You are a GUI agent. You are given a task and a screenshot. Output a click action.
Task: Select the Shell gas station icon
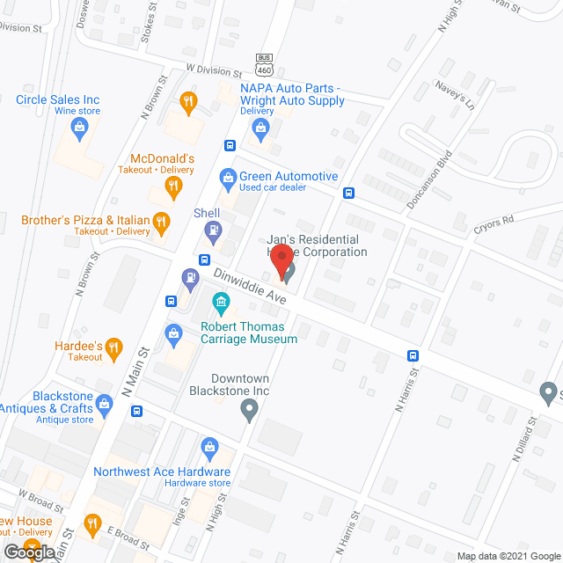pyautogui.click(x=212, y=232)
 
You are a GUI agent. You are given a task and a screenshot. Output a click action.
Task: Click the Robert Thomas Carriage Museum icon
pyautogui.click(x=221, y=305)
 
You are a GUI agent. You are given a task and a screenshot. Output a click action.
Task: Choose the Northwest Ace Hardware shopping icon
pyautogui.click(x=209, y=448)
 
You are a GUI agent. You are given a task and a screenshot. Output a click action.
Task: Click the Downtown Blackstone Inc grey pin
pyautogui.click(x=250, y=407)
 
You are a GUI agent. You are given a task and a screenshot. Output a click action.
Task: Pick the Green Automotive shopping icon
pyautogui.click(x=228, y=178)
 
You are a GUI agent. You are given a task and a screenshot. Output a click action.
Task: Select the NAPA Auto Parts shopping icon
pyautogui.click(x=260, y=129)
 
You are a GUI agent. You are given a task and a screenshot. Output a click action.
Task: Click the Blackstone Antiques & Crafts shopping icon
pyautogui.click(x=106, y=406)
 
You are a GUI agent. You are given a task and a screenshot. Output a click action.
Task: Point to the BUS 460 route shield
pyautogui.click(x=264, y=63)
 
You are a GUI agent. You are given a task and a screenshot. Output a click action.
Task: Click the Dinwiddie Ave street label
pyautogui.click(x=249, y=288)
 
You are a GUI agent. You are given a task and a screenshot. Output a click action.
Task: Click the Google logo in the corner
pyautogui.click(x=27, y=551)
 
